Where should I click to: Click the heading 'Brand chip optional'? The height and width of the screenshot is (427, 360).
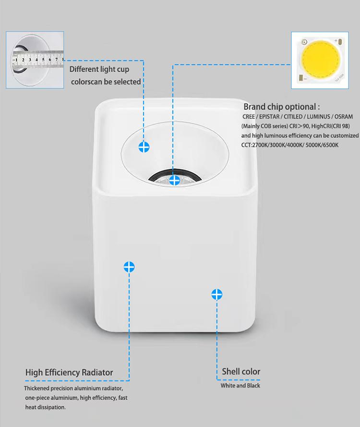[x=281, y=107]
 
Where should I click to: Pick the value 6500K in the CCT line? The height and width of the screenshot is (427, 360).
[x=329, y=145]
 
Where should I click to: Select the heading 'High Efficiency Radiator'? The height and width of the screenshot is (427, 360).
[x=69, y=372]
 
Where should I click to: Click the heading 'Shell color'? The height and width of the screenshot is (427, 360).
[x=241, y=371]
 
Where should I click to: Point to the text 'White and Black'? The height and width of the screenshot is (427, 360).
[x=240, y=386]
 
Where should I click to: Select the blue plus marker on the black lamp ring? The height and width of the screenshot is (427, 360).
[x=174, y=180]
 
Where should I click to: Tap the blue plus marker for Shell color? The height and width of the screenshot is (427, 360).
[x=217, y=294]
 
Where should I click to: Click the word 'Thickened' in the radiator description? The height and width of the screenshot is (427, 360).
[x=39, y=388]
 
